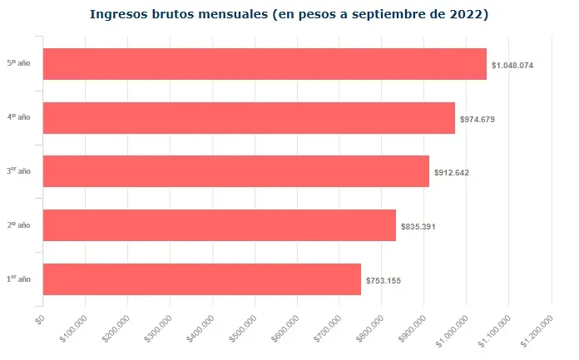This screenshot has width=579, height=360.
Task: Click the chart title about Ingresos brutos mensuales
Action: point(289,14)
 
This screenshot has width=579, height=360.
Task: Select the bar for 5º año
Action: point(264,64)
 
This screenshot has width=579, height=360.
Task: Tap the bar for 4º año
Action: point(249,118)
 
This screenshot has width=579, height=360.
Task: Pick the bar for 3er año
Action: point(235,171)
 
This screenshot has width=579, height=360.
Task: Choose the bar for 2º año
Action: point(219,225)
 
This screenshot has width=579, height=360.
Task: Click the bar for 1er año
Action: point(201,279)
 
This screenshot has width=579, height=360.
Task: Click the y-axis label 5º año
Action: point(18,63)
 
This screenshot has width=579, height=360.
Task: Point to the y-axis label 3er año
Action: point(18,170)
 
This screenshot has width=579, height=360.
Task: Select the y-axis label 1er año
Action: point(18,279)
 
